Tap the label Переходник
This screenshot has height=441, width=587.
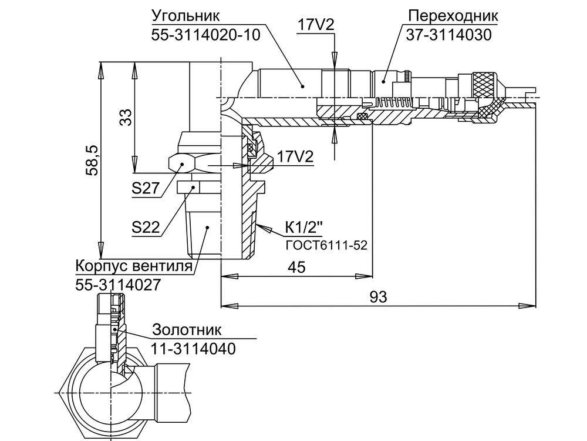451,15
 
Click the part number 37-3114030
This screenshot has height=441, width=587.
448,34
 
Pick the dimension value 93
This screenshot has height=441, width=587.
379,297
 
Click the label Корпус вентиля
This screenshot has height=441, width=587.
134,266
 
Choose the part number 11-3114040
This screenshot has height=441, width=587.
193,348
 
